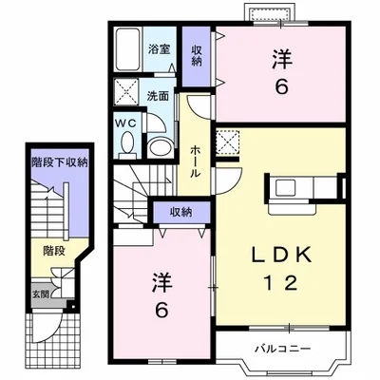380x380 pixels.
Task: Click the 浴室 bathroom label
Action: click(160, 49)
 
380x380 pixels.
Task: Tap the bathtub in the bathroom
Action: click(128, 49)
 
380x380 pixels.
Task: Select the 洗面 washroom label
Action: click(158, 96)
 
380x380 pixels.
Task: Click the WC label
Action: click(126, 123)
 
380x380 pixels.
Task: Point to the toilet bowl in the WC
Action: click(127, 142)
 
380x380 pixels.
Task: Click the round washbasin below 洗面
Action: click(161, 147)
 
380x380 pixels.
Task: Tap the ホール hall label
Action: click(195, 161)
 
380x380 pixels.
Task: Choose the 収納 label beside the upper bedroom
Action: click(197, 55)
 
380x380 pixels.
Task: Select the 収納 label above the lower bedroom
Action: click(180, 212)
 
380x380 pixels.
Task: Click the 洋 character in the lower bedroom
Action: click(161, 281)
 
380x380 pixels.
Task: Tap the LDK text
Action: click(281, 255)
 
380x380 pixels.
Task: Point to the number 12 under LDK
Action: click(281, 282)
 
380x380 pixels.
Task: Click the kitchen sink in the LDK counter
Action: click(285, 188)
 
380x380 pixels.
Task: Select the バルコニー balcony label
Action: click(283, 349)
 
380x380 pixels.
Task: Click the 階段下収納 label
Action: click(59, 162)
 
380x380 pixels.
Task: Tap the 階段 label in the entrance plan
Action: click(54, 251)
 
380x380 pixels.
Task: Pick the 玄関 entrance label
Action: click(41, 294)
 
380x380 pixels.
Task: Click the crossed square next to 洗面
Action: click(126, 92)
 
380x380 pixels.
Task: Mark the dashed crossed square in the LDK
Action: click(228, 142)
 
